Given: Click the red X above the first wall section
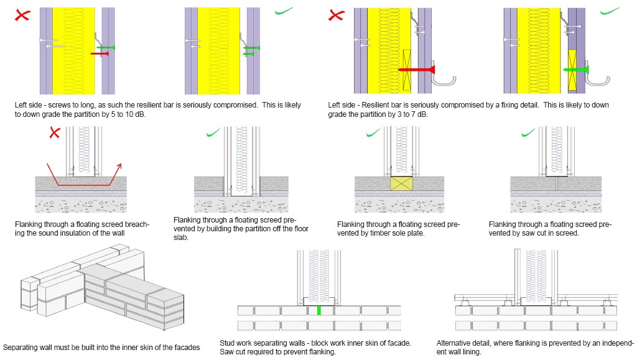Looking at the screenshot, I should click(x=23, y=16).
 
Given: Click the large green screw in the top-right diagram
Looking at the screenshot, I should click(x=576, y=70).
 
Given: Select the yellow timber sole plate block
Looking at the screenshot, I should click(x=401, y=182).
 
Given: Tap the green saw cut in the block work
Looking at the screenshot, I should click(x=318, y=310).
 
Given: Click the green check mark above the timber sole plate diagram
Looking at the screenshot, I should click(x=373, y=132).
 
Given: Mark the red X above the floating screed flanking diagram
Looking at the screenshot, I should click(x=55, y=132).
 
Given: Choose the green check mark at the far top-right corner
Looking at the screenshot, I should click(x=611, y=11).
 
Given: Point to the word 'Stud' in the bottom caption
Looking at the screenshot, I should click(x=227, y=343).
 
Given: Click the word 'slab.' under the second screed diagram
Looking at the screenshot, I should click(x=181, y=237).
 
